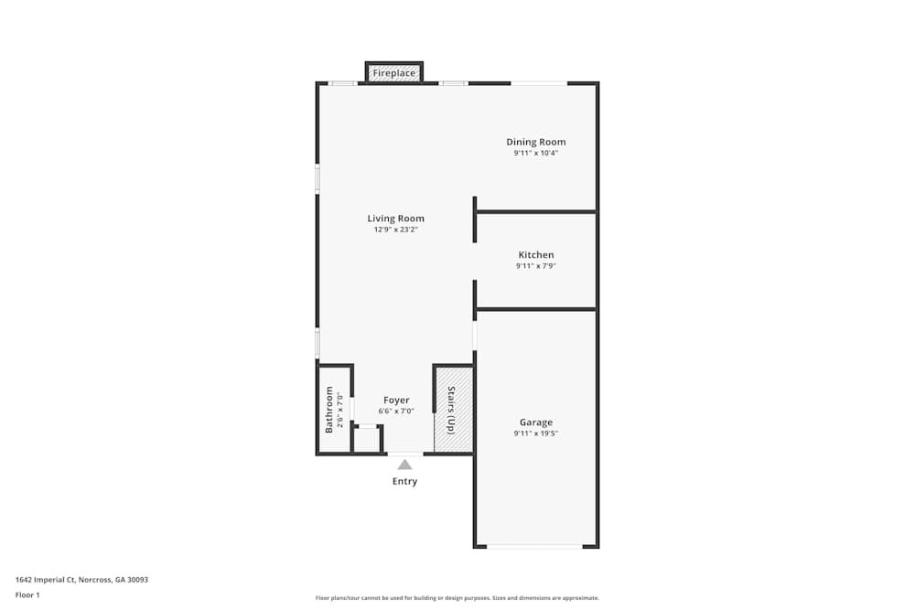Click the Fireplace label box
393,73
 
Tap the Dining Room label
536,142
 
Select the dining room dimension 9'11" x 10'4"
536,154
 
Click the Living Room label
395,219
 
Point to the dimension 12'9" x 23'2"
395,230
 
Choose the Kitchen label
536,255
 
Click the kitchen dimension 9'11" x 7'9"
536,266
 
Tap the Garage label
536,423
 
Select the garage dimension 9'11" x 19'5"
536,433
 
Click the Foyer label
396,400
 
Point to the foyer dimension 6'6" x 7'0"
396,412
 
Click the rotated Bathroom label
329,409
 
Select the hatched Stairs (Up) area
453,410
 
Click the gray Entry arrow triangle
404,465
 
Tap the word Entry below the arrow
404,482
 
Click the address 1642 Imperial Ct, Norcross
81,580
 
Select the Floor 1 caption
27,594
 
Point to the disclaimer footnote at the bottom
457,597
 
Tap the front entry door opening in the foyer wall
404,454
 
